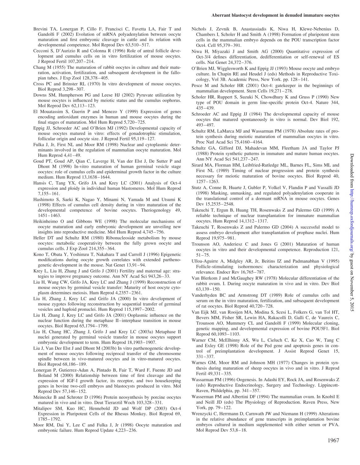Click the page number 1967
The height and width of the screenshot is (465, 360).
pyautogui.click(x=333, y=440)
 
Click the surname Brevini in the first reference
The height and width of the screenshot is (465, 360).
pyautogui.click(x=41, y=29)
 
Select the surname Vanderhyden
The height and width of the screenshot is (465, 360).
pyautogui.click(x=205, y=295)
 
